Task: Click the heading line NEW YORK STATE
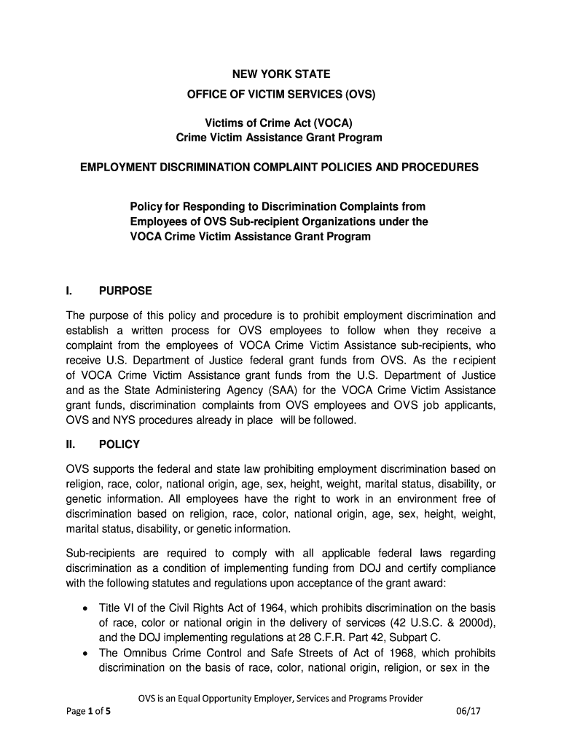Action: click(280, 74)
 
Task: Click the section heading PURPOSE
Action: click(125, 291)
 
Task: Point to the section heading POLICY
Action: click(119, 444)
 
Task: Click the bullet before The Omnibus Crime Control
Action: click(87, 653)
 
